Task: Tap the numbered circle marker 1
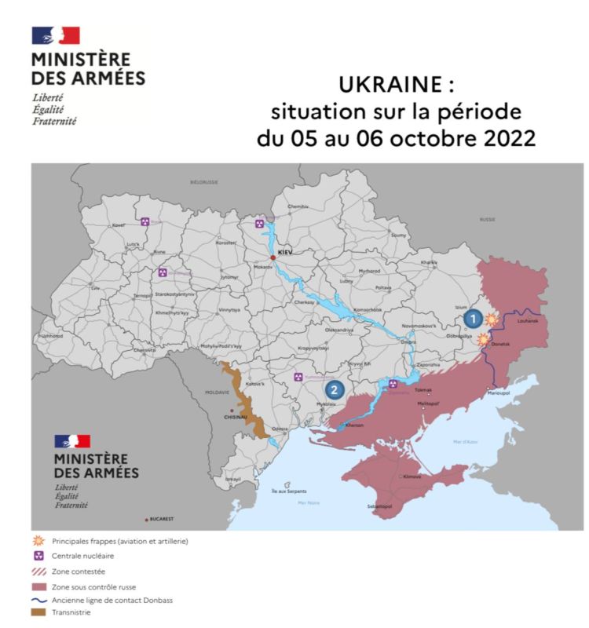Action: [473, 318]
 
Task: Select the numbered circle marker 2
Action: [335, 388]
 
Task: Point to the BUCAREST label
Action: [162, 519]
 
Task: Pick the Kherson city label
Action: [355, 425]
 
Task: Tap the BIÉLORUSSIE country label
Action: [203, 181]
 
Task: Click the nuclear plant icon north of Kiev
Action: [260, 224]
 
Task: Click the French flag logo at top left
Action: [56, 35]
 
